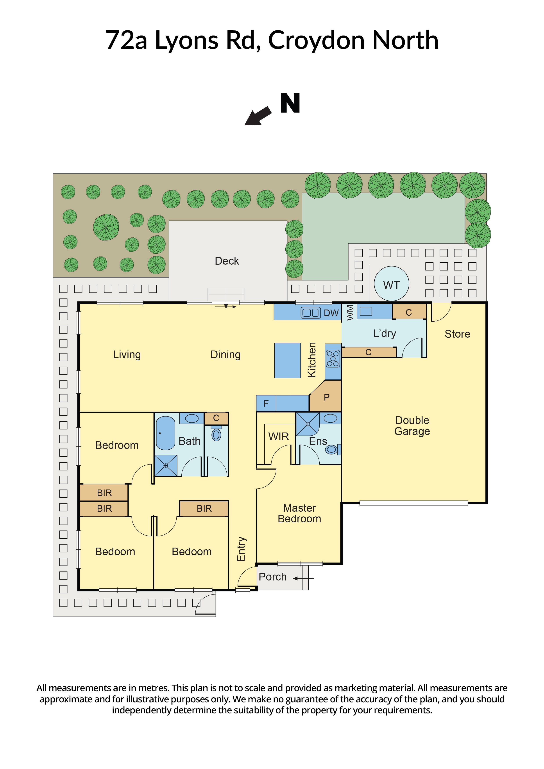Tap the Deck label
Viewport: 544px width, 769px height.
[227, 261]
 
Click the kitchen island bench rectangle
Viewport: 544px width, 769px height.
[287, 360]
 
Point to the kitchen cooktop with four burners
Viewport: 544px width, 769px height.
[333, 359]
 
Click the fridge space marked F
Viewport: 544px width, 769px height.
[266, 404]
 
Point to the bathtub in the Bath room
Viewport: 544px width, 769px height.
[165, 433]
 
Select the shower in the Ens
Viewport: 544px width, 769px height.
[307, 424]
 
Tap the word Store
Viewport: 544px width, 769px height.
[457, 334]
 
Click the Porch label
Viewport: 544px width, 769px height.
[272, 577]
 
